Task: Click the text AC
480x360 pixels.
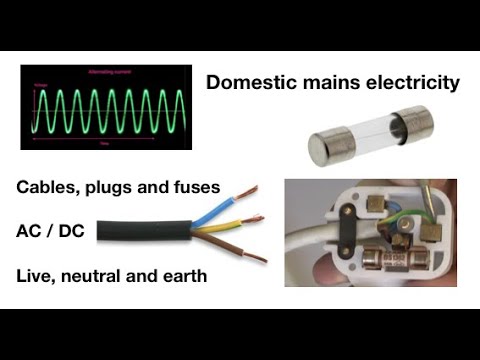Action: click(x=30, y=231)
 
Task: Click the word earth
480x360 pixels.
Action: click(x=181, y=275)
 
